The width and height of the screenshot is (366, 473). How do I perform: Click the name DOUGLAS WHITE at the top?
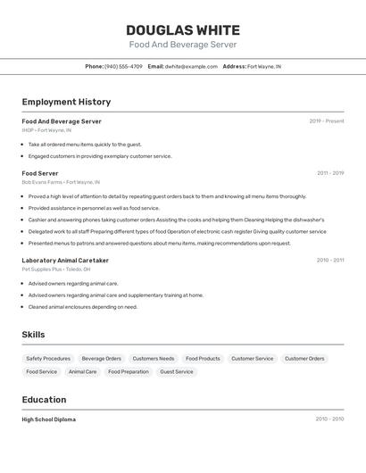(x=183, y=29)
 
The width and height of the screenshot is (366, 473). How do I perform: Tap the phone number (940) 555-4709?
(x=123, y=66)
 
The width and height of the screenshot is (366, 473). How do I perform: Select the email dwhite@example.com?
(x=191, y=66)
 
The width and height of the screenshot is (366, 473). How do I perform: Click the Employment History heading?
(x=66, y=102)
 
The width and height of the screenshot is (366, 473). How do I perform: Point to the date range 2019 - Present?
(x=327, y=120)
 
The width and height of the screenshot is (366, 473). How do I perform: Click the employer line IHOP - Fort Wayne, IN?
(x=46, y=130)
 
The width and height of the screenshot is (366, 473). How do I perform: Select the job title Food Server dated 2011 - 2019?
(x=40, y=173)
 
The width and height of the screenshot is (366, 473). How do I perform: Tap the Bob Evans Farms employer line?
(x=61, y=182)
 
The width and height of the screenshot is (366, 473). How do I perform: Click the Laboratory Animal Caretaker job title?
(x=65, y=261)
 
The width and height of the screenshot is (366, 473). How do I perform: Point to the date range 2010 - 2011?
(x=329, y=261)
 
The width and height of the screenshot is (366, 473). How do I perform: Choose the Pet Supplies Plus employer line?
(x=56, y=270)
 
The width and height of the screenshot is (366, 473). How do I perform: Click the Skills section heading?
(x=33, y=335)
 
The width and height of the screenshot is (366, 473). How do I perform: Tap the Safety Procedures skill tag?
(x=48, y=359)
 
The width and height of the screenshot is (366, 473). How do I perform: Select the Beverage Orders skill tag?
(x=101, y=359)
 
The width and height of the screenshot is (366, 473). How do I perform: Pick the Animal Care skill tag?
(x=82, y=371)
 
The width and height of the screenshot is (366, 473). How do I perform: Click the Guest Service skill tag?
(x=177, y=371)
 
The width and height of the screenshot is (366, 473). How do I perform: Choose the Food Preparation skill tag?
(x=129, y=371)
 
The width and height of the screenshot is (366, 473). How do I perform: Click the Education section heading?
(x=44, y=400)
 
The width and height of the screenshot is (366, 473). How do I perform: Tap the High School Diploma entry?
(x=49, y=419)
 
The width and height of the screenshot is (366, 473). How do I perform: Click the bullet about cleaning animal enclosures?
(x=82, y=307)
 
